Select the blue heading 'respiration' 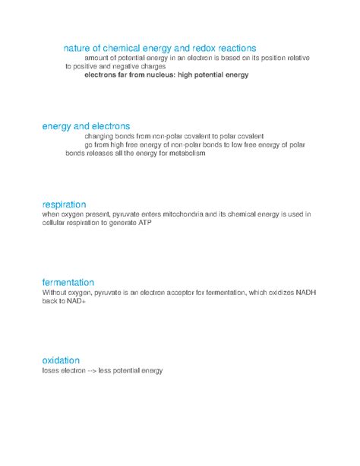click(x=65, y=204)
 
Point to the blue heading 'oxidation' click(x=62, y=360)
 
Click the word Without click(x=55, y=293)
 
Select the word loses click(x=52, y=371)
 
